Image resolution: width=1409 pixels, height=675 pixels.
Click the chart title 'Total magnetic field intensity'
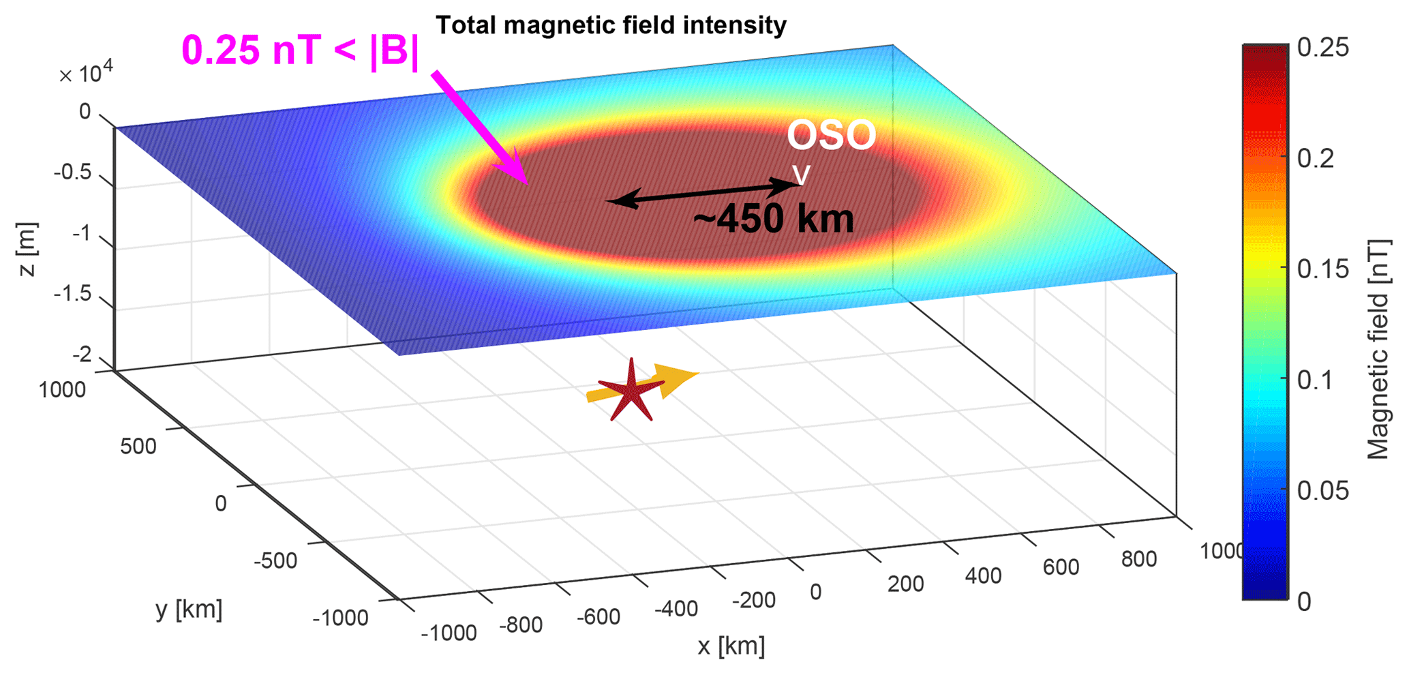tap(611, 25)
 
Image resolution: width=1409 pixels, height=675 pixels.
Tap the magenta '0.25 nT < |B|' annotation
tap(301, 51)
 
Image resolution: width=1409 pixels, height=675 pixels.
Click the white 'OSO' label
tap(831, 135)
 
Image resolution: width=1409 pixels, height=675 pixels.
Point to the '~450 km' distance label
tap(773, 220)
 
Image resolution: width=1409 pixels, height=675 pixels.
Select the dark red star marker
tap(631, 391)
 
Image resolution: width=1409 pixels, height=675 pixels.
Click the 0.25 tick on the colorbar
tap(1322, 48)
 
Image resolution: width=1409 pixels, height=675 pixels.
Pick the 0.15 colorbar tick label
tap(1322, 269)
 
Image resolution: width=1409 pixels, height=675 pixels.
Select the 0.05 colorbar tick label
tap(1322, 491)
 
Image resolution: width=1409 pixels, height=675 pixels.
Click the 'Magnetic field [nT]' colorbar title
tap(1378, 349)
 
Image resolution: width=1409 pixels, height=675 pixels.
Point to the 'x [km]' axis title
tap(731, 646)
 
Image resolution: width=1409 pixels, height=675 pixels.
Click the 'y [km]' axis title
tap(189, 609)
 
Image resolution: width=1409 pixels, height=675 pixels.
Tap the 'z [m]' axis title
tap(27, 249)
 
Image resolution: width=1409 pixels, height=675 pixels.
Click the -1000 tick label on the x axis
tap(449, 633)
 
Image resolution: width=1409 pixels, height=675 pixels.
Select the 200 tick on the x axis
tap(905, 584)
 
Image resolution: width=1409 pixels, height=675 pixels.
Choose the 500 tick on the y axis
tap(138, 447)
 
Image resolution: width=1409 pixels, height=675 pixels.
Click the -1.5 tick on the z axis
tap(72, 293)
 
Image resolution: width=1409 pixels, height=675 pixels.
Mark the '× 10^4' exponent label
tap(86, 74)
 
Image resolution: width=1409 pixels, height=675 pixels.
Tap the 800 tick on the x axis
tap(1138, 559)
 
